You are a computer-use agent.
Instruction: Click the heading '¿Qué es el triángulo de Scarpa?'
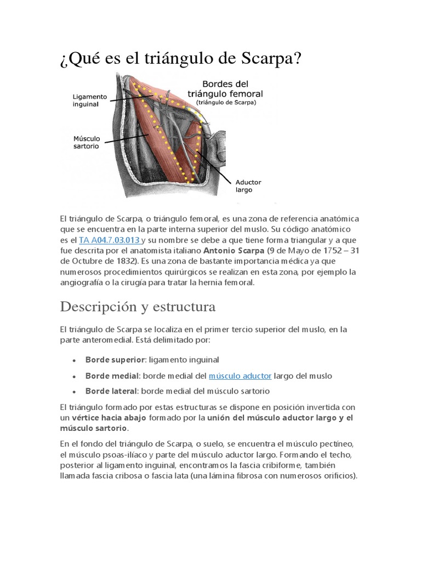coord(180,58)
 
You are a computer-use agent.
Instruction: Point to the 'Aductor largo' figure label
coord(248,186)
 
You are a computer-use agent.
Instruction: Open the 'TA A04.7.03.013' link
coord(110,240)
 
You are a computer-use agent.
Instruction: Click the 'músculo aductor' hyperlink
coord(240,376)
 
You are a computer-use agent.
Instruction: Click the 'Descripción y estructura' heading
coord(138,306)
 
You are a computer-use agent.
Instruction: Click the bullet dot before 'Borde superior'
coord(73,361)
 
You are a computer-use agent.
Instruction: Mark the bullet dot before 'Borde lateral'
coord(73,392)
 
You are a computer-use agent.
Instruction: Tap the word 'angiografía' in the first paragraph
coord(82,282)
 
